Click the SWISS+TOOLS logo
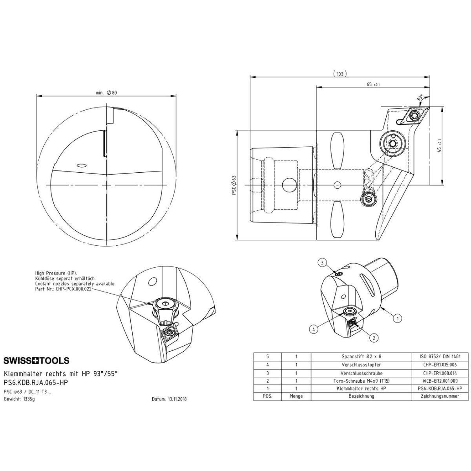37,361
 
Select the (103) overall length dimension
340,74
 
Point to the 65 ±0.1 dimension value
373,84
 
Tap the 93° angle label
420,98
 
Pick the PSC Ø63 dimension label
234,185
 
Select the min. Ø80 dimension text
106,93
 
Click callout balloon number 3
322,263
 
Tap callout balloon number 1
398,318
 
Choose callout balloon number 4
314,329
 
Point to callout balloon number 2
374,338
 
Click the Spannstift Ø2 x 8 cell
361,357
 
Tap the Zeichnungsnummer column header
440,396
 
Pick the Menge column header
296,396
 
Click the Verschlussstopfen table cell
361,365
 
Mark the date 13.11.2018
177,399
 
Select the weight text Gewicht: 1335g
19,399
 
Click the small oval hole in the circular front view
81,166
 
